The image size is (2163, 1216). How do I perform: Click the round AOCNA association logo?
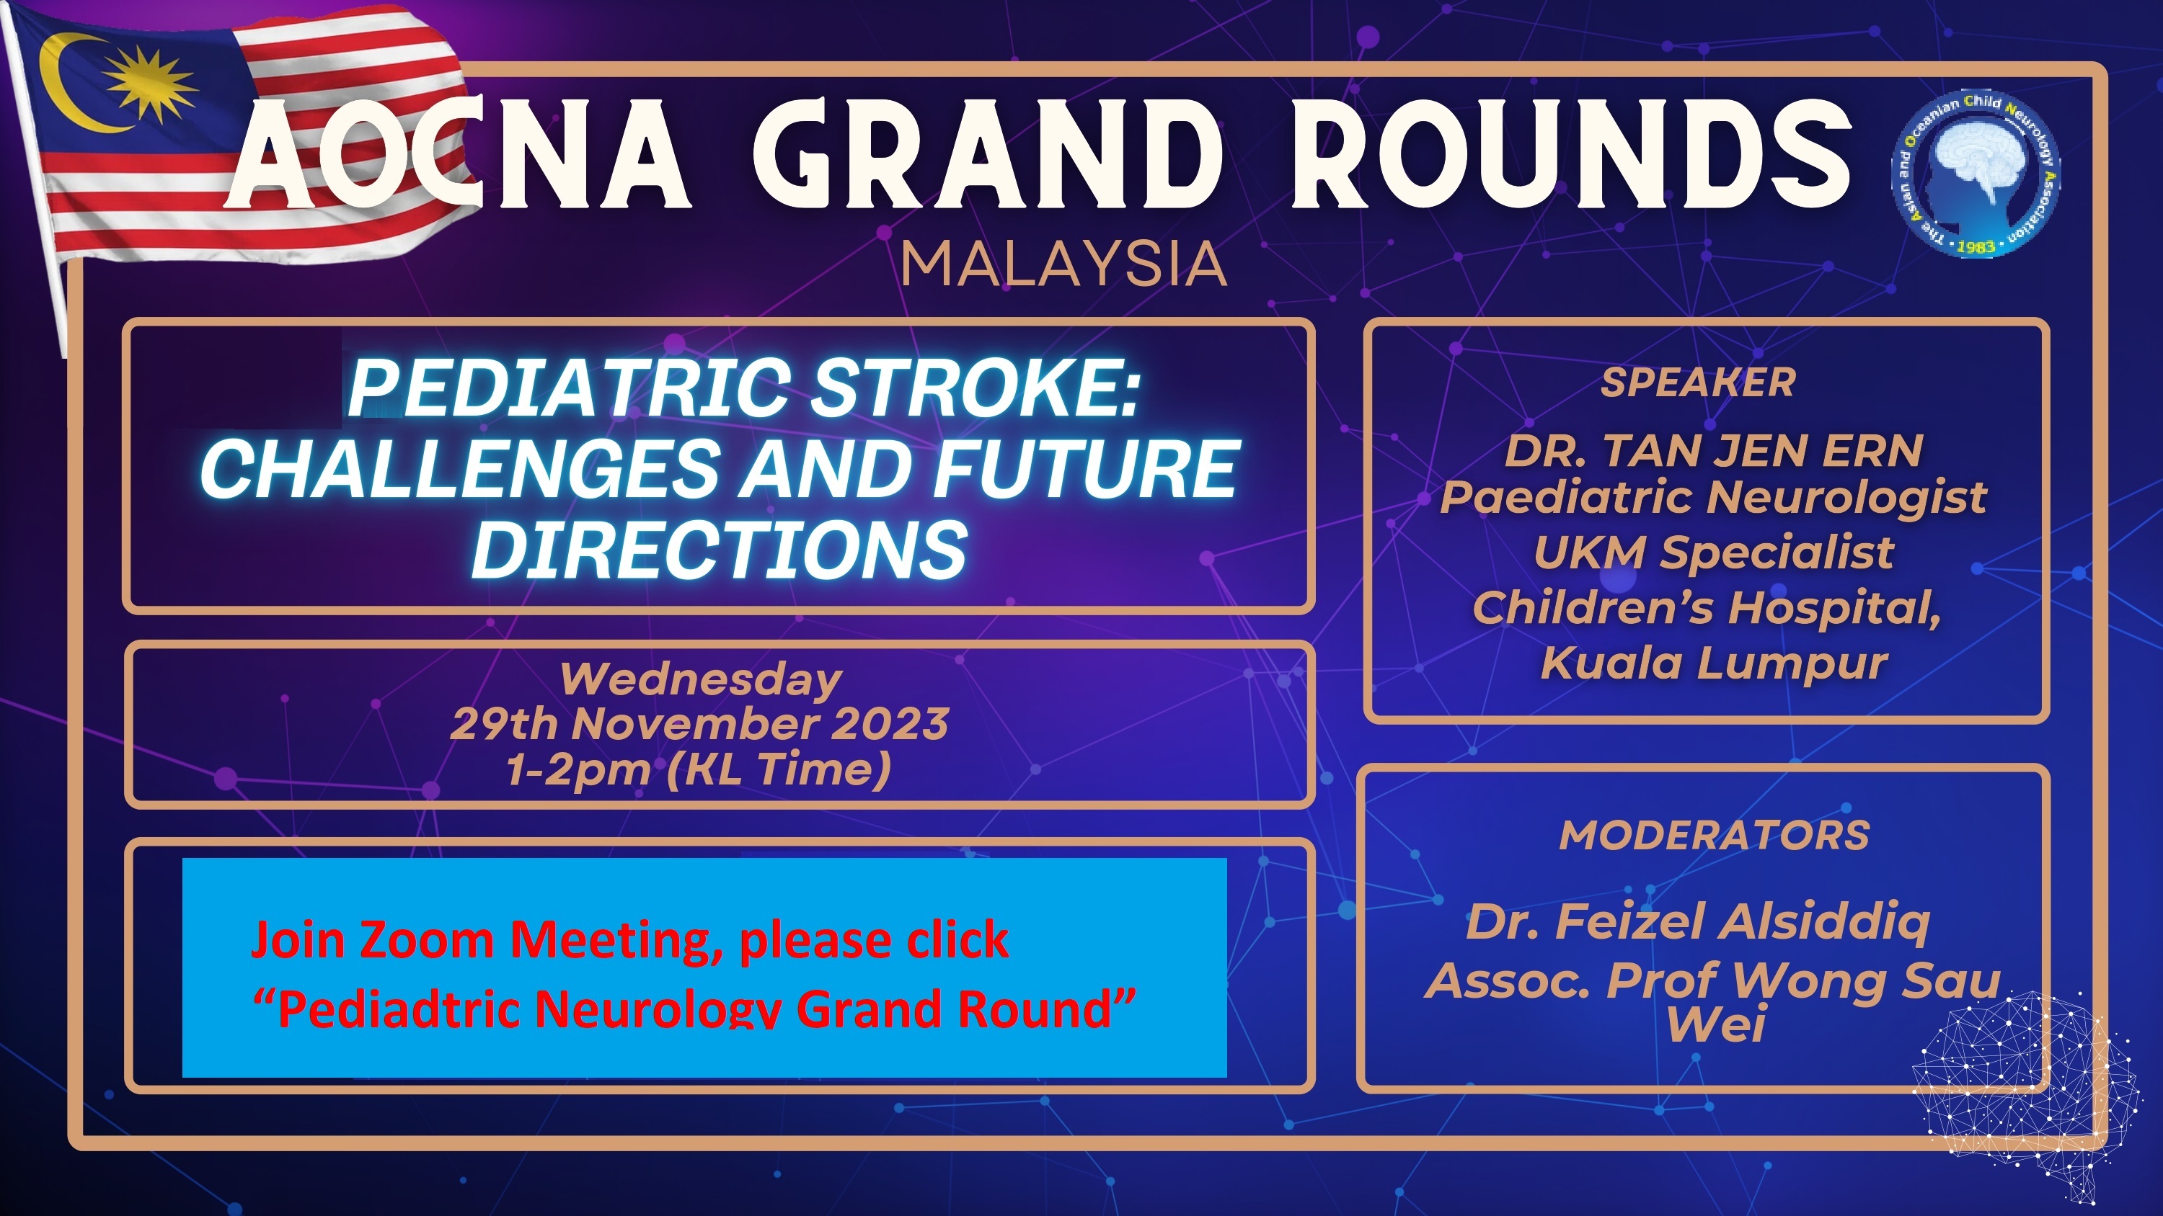(x=1975, y=173)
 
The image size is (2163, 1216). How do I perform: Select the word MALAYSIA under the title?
(x=1063, y=264)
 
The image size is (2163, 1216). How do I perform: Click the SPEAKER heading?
(x=1698, y=383)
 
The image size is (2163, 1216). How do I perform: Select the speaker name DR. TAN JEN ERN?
(x=1713, y=452)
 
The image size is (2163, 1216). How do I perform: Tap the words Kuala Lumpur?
(x=1714, y=663)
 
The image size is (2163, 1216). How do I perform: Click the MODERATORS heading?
(x=1714, y=836)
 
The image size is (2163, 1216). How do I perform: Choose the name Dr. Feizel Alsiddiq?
(x=1697, y=922)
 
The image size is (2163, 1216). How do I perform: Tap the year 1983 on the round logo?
(x=1975, y=246)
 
